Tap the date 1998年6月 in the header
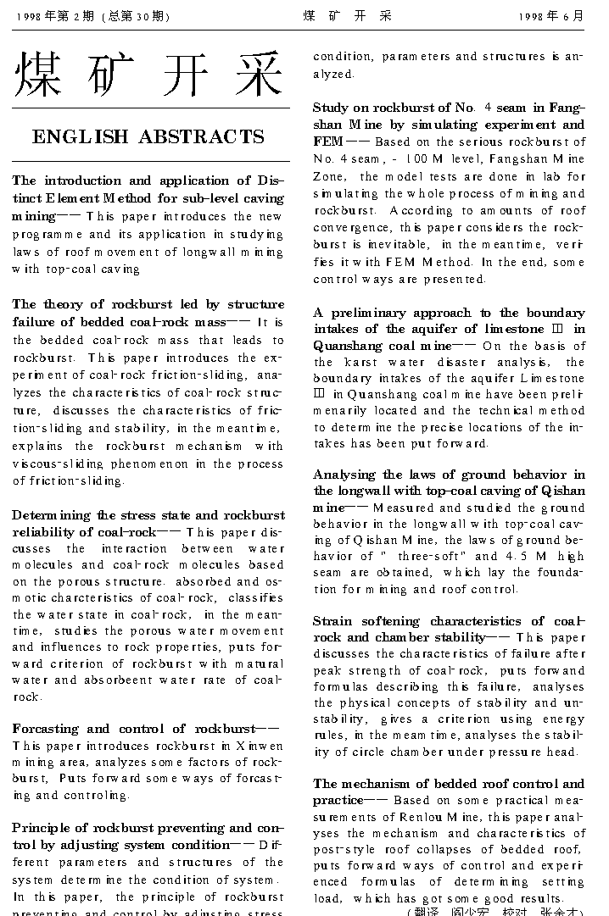point(551,16)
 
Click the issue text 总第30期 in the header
point(136,16)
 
